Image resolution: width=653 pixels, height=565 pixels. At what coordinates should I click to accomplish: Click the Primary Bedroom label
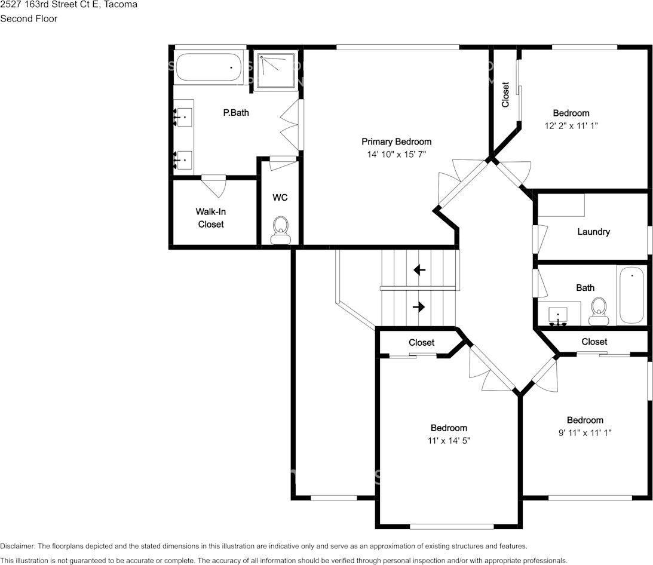pyautogui.click(x=396, y=142)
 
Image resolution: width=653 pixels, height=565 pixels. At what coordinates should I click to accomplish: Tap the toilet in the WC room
pyautogui.click(x=280, y=231)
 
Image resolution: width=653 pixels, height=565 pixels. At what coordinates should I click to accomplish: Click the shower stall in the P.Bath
pyautogui.click(x=277, y=70)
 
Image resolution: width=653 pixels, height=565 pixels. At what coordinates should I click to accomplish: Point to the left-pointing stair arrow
pyautogui.click(x=419, y=270)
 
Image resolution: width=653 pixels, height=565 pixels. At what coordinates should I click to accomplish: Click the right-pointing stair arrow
pyautogui.click(x=419, y=307)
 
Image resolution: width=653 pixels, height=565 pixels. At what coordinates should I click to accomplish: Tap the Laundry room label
pyautogui.click(x=593, y=232)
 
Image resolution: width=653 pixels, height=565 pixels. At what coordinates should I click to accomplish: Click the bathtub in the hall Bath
pyautogui.click(x=631, y=296)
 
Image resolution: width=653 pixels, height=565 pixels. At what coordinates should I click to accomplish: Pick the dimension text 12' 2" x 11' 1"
pyautogui.click(x=571, y=125)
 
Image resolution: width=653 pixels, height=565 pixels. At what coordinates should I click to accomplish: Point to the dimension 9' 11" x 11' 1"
pyautogui.click(x=585, y=433)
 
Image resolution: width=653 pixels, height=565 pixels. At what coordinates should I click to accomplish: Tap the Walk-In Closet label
pyautogui.click(x=211, y=218)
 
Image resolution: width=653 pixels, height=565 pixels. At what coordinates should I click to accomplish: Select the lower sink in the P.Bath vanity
pyautogui.click(x=183, y=159)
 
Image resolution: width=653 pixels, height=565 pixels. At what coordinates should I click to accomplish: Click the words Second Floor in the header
pyautogui.click(x=29, y=19)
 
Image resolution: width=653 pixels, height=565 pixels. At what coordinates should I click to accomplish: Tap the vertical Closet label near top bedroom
pyautogui.click(x=505, y=94)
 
